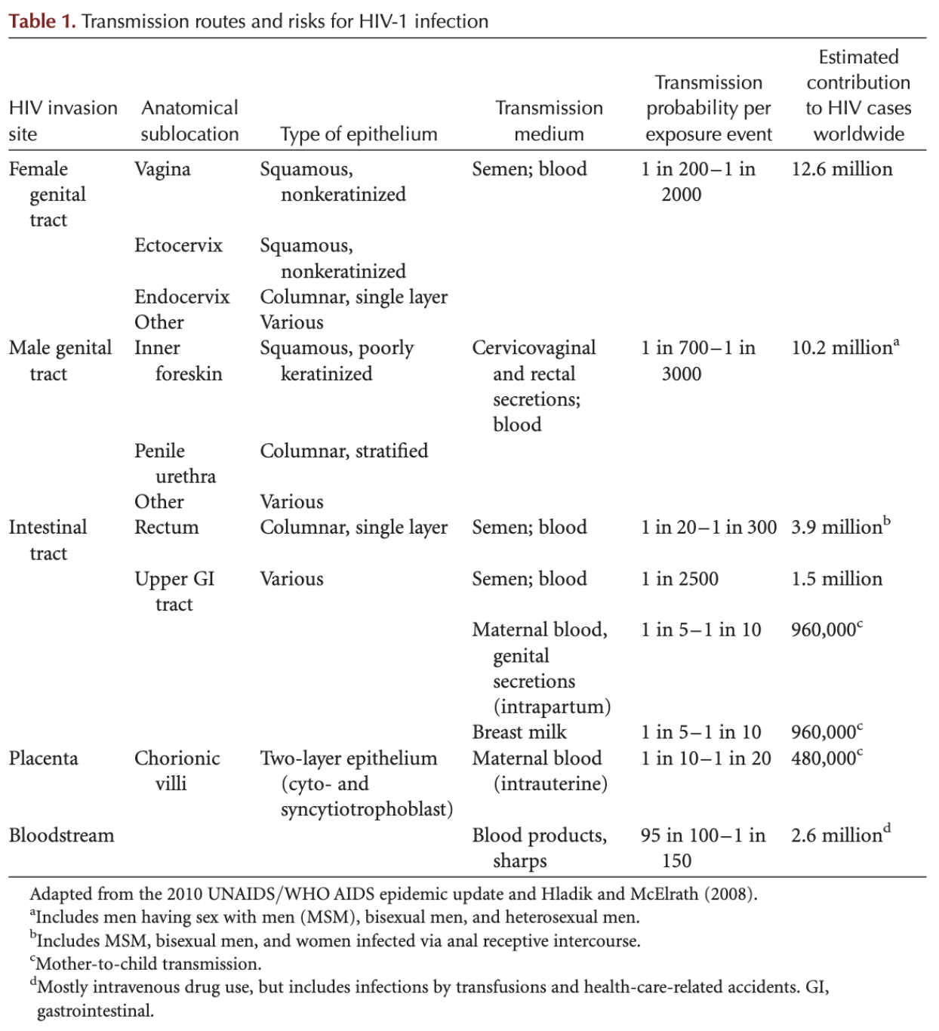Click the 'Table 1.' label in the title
[x=42, y=21]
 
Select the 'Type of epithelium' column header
[x=359, y=134]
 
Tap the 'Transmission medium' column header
[x=549, y=121]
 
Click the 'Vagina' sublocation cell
[x=162, y=169]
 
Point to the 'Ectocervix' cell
[x=178, y=245]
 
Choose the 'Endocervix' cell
[x=182, y=297]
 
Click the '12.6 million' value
[x=842, y=169]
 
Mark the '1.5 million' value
[x=836, y=579]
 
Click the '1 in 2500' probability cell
[x=679, y=579]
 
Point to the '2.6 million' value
[x=836, y=836]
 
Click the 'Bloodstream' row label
[x=61, y=836]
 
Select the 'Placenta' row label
[x=43, y=759]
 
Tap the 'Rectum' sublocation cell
[x=166, y=528]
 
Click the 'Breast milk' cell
[x=519, y=732]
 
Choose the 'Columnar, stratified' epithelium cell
[x=343, y=451]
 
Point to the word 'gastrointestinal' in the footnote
[x=95, y=1011]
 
